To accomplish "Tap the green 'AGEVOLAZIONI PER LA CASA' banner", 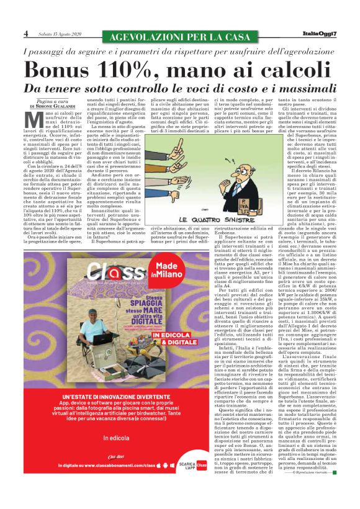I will point(179,37).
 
